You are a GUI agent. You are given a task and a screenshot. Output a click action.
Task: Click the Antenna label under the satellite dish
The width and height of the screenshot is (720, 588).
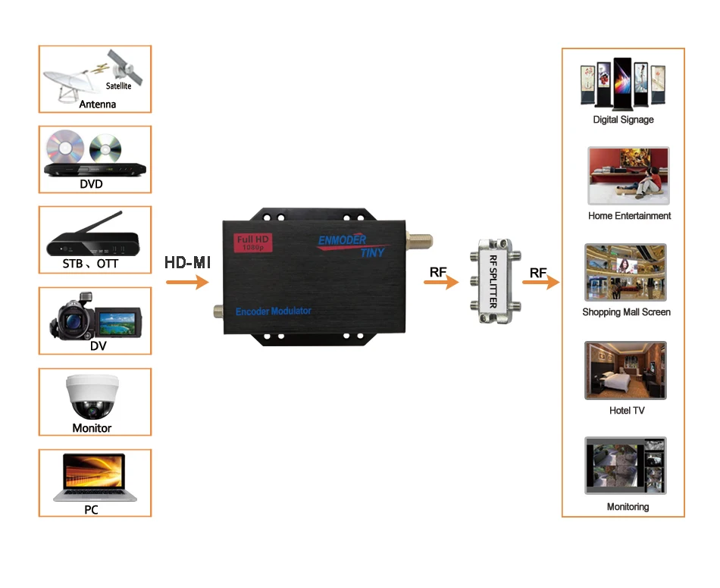click(98, 104)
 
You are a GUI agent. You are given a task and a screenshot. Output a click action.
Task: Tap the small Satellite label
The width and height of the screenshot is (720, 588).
click(118, 86)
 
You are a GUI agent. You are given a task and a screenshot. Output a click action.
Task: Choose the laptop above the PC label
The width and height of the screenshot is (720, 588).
click(95, 477)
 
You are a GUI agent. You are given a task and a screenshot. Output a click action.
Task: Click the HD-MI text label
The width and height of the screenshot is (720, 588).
click(187, 263)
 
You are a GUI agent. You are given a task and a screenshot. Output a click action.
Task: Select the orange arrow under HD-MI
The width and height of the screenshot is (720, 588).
click(187, 283)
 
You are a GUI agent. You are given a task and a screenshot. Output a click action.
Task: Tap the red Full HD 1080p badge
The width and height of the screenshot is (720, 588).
click(251, 242)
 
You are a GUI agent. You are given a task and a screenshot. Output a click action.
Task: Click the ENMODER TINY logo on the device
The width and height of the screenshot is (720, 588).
click(352, 245)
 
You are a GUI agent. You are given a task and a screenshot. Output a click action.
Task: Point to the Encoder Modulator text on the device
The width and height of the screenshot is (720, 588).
click(274, 311)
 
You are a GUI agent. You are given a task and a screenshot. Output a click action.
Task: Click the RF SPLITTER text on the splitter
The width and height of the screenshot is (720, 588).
click(493, 280)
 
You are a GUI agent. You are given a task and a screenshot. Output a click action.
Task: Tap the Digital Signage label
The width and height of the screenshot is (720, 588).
click(623, 120)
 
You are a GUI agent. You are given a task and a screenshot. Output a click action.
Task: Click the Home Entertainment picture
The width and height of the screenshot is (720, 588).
click(628, 176)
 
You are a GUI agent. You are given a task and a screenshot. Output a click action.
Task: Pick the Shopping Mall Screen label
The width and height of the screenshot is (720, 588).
click(626, 312)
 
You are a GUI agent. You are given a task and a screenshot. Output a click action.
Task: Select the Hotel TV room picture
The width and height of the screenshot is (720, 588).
click(625, 370)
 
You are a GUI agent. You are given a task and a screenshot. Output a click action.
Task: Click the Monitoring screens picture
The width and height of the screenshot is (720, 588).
click(625, 466)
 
